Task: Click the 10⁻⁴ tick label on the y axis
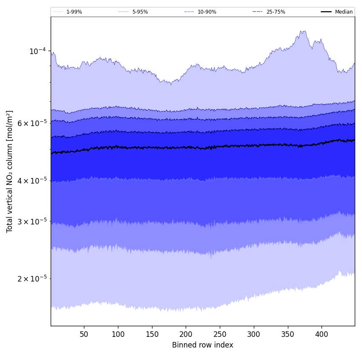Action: click(37, 51)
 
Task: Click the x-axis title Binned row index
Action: click(203, 345)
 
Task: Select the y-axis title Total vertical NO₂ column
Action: click(10, 171)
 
